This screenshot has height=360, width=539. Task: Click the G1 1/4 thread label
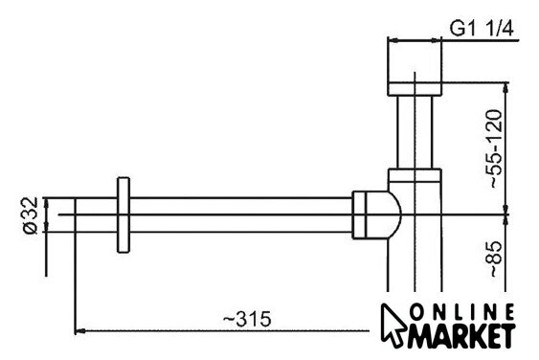click(x=482, y=28)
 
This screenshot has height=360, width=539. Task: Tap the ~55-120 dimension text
click(x=496, y=148)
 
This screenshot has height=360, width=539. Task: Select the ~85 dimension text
click(x=496, y=259)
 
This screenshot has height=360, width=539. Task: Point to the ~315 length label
click(x=247, y=320)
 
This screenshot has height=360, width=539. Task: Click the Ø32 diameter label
click(x=31, y=215)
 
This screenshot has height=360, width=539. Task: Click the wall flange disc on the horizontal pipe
click(x=124, y=215)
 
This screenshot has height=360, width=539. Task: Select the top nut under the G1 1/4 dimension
click(x=415, y=89)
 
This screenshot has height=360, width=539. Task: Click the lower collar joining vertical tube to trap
click(x=415, y=175)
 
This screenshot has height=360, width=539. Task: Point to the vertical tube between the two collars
click(x=415, y=132)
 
